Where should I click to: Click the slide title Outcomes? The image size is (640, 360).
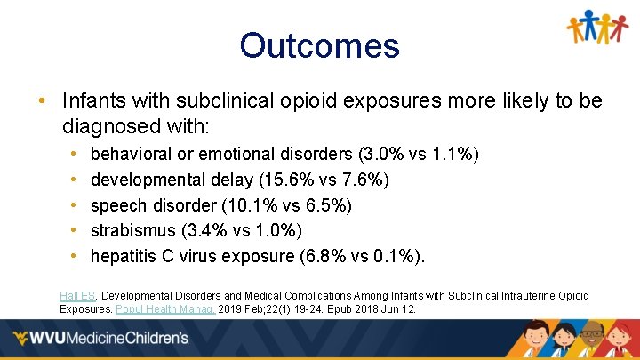pyautogui.click(x=319, y=45)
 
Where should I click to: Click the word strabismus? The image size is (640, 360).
pyautogui.click(x=133, y=231)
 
